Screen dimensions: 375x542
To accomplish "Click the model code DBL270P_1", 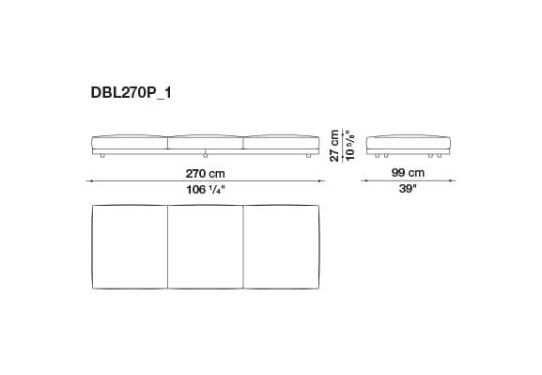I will pos(132,95).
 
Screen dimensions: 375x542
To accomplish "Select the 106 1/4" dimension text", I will pos(205,190).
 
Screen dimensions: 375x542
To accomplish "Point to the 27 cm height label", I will pos(334,146).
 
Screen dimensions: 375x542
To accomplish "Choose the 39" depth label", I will pos(409,190).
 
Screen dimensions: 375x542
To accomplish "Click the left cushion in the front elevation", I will pos(128,142).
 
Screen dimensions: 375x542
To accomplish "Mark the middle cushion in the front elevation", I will pos(205,142).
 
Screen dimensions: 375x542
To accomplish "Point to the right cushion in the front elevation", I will pos(282,142).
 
